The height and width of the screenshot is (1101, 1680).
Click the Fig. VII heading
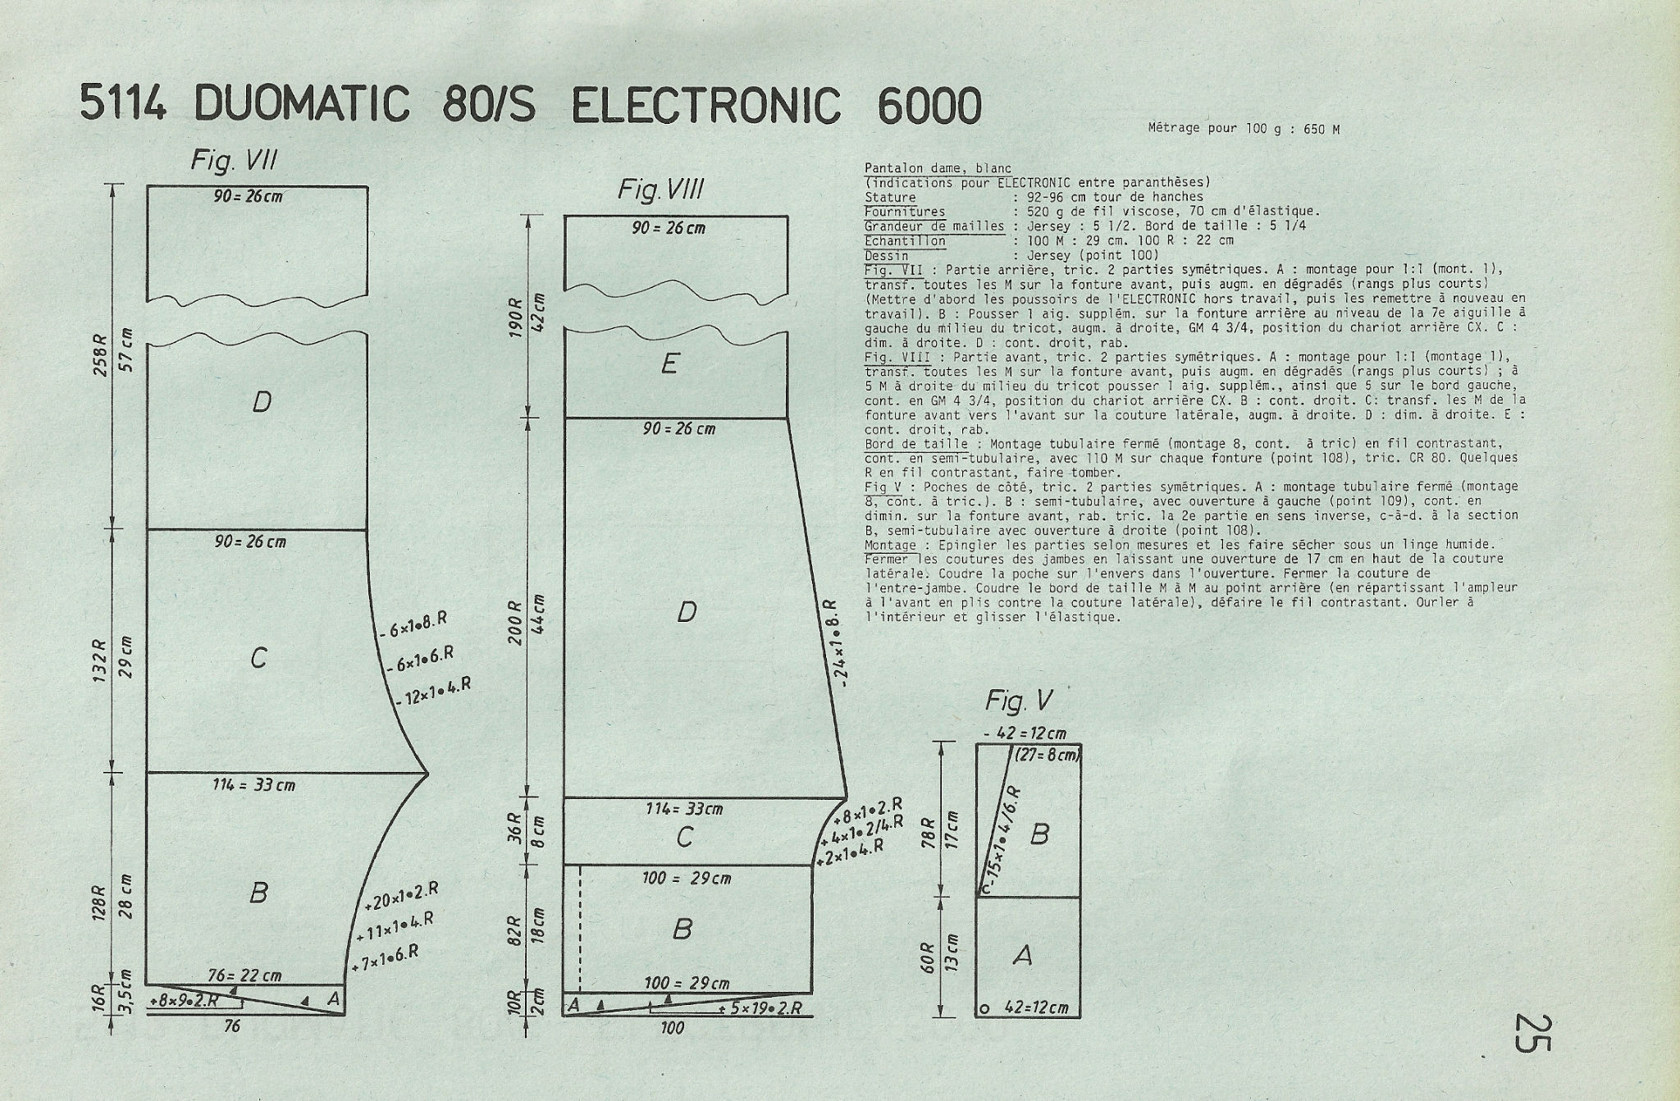click(x=234, y=160)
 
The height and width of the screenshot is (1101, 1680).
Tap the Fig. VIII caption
click(x=660, y=191)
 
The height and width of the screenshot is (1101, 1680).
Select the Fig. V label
click(x=1019, y=701)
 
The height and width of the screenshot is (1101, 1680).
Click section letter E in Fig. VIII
click(x=669, y=363)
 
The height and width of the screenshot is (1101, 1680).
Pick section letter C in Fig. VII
click(x=258, y=658)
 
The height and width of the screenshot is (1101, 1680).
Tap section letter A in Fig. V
click(x=1022, y=955)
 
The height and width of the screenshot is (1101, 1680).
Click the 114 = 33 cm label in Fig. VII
click(x=253, y=785)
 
